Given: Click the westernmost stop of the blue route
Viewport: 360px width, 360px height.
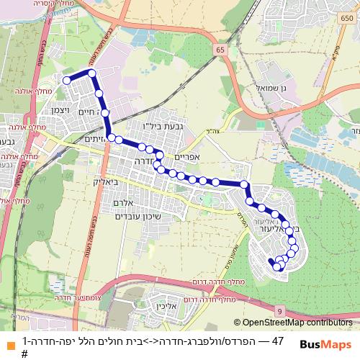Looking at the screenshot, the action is tap(66, 81).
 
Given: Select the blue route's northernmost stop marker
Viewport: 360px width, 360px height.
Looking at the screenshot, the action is tap(91, 73).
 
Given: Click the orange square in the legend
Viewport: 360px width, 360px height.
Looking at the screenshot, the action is tap(9, 341).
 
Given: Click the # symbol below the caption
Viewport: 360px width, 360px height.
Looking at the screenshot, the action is tap(24, 354).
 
